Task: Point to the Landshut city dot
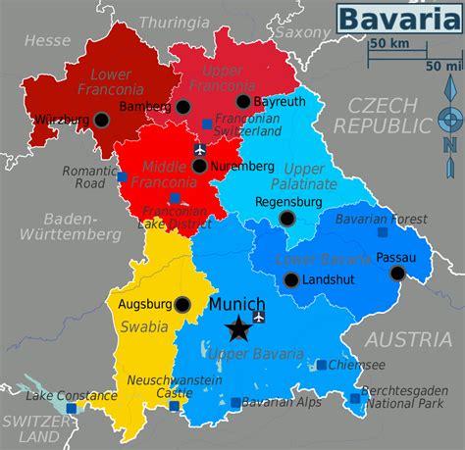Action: pos(290,280)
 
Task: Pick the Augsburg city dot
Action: pos(182,305)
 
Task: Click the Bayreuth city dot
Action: pos(243,102)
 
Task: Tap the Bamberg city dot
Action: pos(183,107)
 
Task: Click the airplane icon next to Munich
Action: pos(259,317)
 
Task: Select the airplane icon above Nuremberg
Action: pos(201,150)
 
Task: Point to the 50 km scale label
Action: pos(388,43)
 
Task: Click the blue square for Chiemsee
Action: pos(322,365)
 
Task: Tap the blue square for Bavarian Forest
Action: pos(383,232)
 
